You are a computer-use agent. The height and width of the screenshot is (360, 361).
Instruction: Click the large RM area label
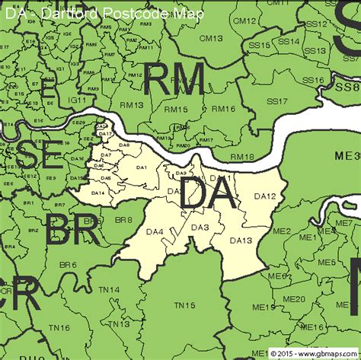point(173,80)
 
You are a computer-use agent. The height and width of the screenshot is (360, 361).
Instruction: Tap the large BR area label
point(69,231)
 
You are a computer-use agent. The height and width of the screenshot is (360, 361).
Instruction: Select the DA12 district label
point(264,196)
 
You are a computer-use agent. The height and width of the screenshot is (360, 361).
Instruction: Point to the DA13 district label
point(241,241)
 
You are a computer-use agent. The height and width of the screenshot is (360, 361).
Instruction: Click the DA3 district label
point(200,228)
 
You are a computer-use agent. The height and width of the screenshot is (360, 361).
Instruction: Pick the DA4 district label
point(155,231)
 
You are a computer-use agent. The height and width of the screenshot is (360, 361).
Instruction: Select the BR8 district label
point(123,220)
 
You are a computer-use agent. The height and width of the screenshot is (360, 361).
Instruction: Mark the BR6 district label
point(69,264)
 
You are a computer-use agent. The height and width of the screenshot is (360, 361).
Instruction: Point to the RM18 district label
point(241,157)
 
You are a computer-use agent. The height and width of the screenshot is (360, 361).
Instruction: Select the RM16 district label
point(223,109)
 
